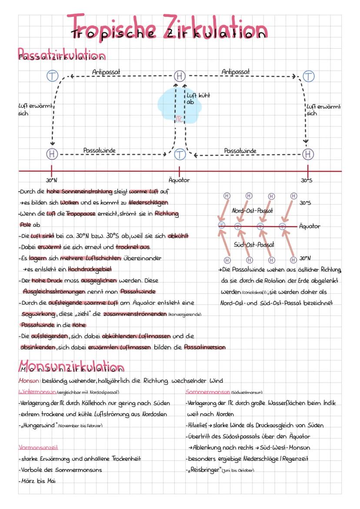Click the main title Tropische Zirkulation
click(x=169, y=27)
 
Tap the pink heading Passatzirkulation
click(x=61, y=55)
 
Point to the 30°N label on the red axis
click(x=51, y=180)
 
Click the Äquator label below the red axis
click(x=179, y=180)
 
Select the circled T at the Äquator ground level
click(x=180, y=154)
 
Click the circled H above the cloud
click(x=180, y=76)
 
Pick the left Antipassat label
click(x=107, y=71)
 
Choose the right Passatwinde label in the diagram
click(x=240, y=151)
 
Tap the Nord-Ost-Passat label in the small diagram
click(x=252, y=211)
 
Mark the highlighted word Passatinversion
click(x=205, y=347)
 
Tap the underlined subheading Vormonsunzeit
click(x=39, y=447)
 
